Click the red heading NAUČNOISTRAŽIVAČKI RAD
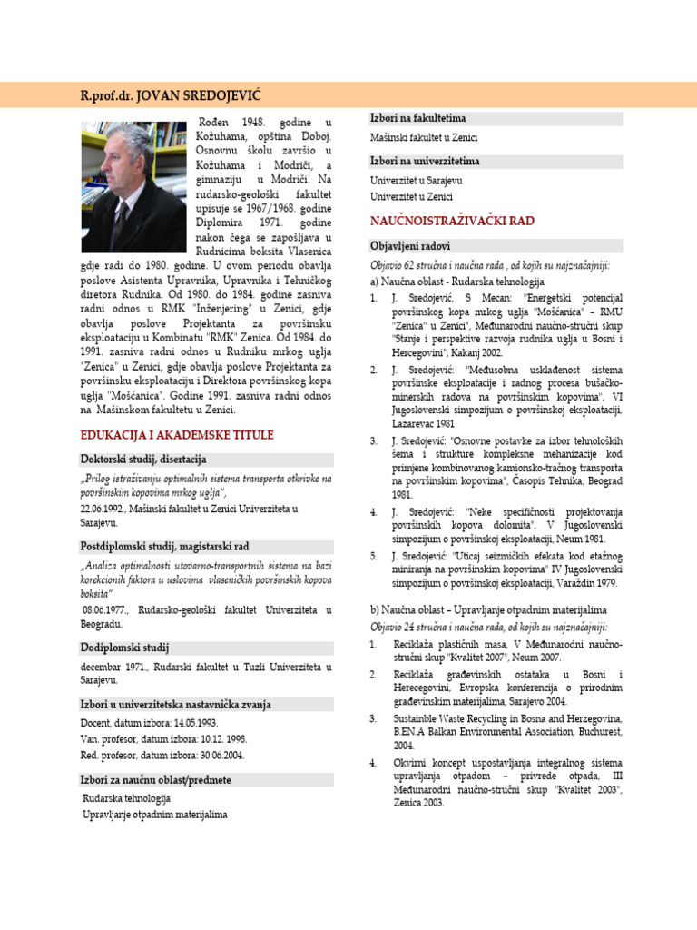pyautogui.click(x=452, y=221)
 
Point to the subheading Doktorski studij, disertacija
pyautogui.click(x=144, y=460)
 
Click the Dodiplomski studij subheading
pyautogui.click(x=124, y=648)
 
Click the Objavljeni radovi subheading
pyautogui.click(x=410, y=246)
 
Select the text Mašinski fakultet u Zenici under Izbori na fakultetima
pyautogui.click(x=424, y=138)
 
